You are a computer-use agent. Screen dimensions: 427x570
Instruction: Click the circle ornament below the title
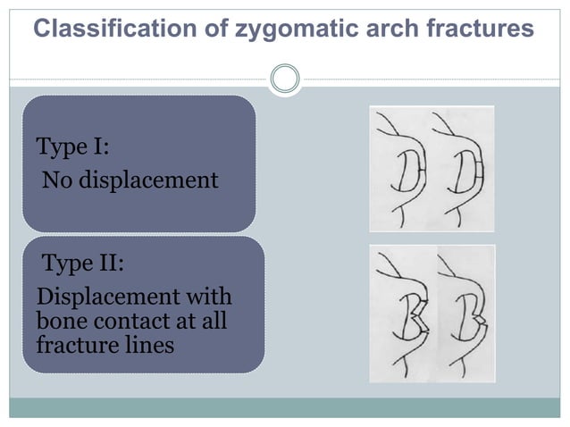[285, 79]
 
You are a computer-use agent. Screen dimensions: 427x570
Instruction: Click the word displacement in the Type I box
[148, 180]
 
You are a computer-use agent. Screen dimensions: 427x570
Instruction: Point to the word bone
[56, 321]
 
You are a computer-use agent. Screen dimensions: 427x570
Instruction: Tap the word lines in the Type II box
[148, 344]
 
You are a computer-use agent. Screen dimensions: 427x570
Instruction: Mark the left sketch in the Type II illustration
[403, 313]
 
